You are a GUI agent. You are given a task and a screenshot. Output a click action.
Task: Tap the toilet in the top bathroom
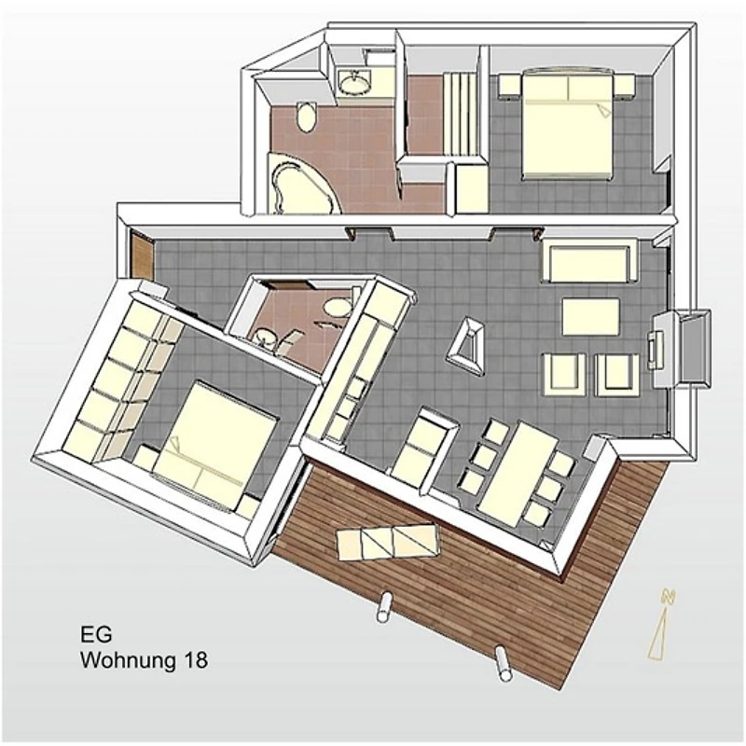306,117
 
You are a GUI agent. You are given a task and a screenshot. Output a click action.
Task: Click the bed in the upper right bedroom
567,124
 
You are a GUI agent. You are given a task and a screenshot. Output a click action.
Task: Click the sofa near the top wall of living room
589,261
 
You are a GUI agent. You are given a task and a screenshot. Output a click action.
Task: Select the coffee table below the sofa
591,316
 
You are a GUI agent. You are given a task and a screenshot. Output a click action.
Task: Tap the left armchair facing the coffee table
564,375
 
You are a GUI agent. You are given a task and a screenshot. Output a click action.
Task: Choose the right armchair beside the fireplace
616,375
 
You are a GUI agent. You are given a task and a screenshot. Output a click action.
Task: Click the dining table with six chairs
518,473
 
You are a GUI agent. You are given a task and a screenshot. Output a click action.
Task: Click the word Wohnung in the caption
127,660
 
